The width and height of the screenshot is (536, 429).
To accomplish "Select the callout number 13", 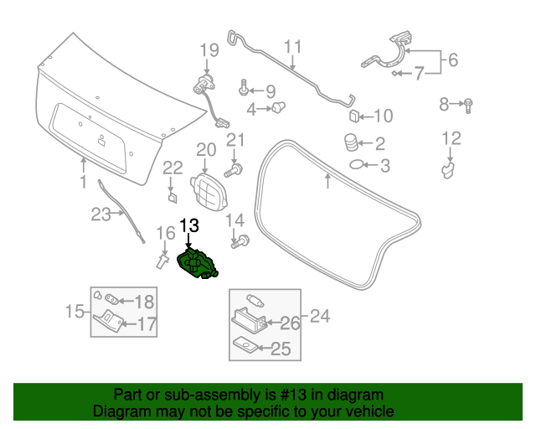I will pos(189,225).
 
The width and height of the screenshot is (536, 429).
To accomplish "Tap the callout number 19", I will pos(208,52).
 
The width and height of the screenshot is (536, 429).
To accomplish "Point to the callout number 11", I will pos(292,46).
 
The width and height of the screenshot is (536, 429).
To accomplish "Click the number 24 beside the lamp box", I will pos(319,317).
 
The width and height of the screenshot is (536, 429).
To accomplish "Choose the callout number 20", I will pos(206,150).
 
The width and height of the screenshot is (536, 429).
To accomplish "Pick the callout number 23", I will pos(100,214).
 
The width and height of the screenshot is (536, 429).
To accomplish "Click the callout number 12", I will pos(451,138).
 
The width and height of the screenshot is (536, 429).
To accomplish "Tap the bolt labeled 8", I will pos(468,105).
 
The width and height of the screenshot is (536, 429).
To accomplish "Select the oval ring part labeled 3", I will pos(356,165).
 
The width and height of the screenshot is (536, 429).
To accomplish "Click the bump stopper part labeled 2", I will pos(350,142).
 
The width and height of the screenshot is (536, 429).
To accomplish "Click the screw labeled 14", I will pos(245,241).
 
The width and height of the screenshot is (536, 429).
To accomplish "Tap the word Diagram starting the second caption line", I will pos(120,412).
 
